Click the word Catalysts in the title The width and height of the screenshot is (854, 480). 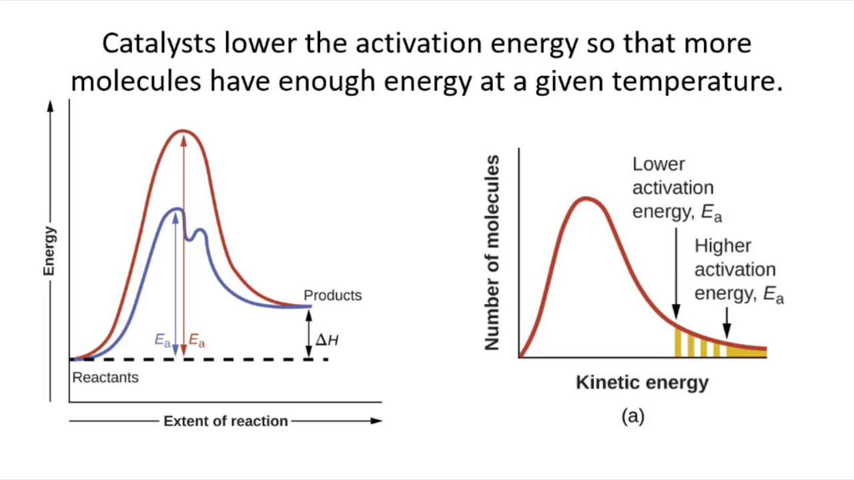pos(159,44)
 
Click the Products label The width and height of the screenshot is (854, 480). pos(332,295)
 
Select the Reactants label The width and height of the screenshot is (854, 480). pos(105,377)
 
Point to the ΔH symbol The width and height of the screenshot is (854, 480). pos(327,340)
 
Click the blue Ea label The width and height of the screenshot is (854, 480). pos(163,340)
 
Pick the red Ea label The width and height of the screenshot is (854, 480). pos(197,341)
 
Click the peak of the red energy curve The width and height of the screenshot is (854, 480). pos(183,131)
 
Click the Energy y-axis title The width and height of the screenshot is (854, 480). pos(49,251)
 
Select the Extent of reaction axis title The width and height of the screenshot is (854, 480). pos(226,421)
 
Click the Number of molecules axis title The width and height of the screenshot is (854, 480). pos(492,253)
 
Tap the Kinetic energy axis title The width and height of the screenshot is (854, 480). pos(642,383)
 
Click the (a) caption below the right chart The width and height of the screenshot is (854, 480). pos(632,417)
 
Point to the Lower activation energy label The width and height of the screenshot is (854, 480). pos(675,188)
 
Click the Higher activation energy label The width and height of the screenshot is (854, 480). pos(737,269)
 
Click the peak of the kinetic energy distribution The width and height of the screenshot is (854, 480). pos(586,199)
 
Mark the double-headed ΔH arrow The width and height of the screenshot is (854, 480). pos(308,333)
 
